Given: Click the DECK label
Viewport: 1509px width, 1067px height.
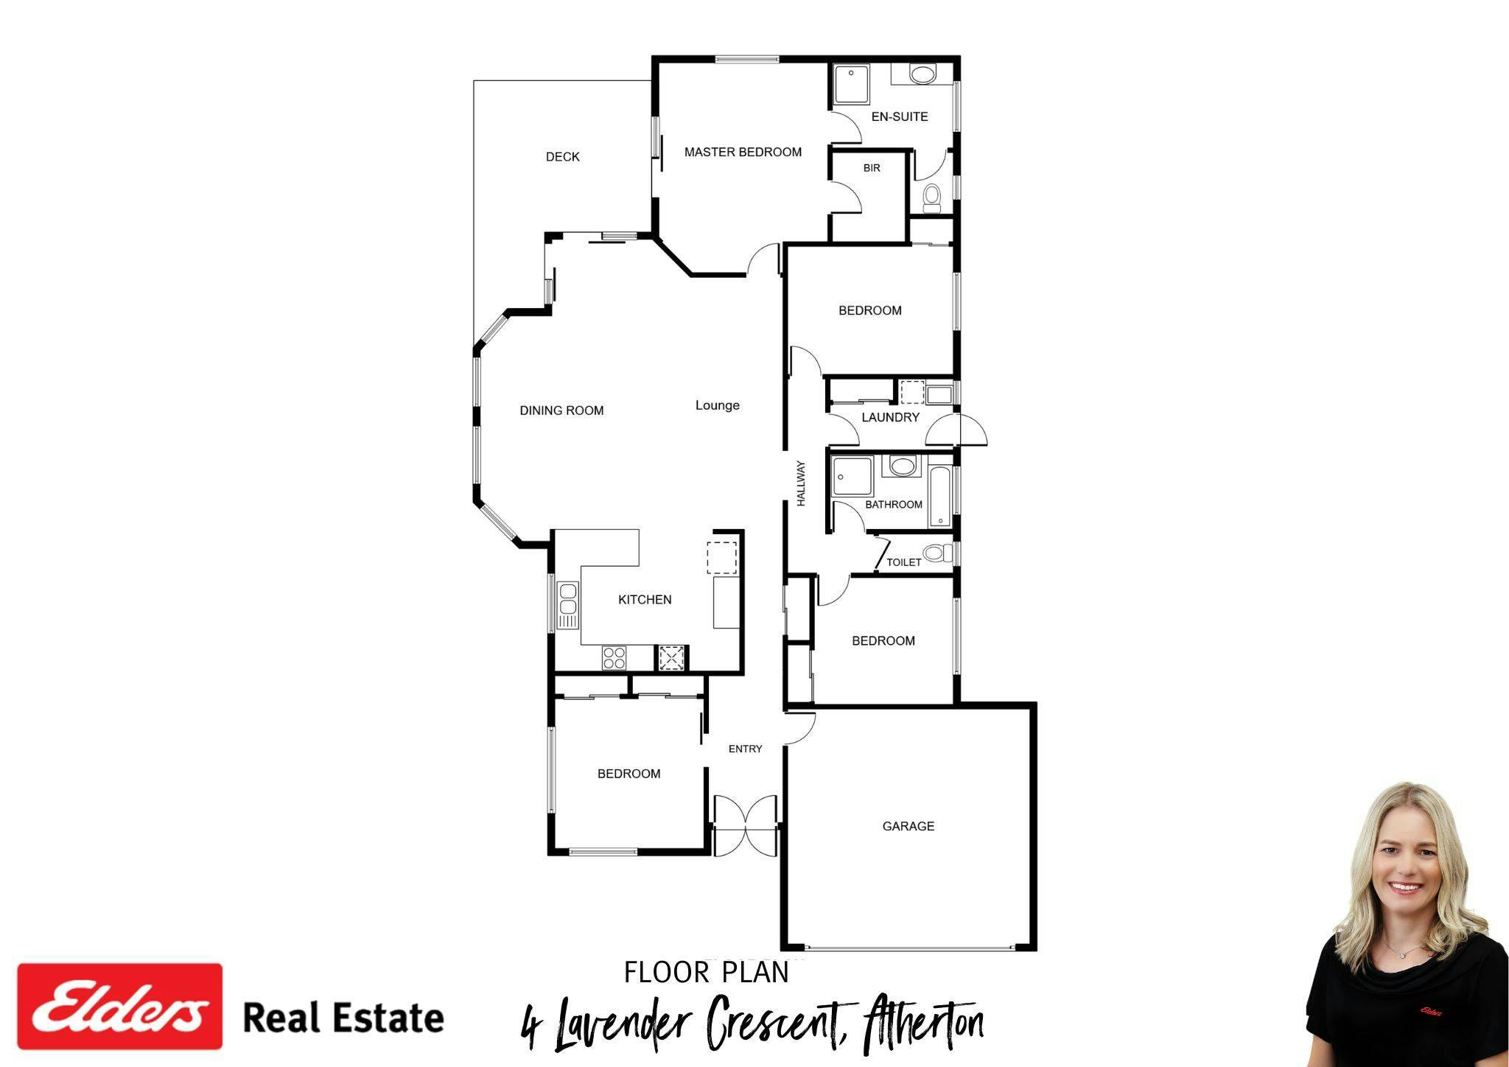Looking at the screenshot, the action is (x=562, y=157).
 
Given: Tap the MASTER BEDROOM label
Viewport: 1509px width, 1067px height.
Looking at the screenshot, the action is (x=743, y=153).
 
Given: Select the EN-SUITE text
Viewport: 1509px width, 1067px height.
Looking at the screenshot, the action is (x=899, y=116).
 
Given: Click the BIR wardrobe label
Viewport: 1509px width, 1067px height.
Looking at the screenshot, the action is (x=872, y=168).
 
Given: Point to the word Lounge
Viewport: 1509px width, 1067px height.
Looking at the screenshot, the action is (x=717, y=405).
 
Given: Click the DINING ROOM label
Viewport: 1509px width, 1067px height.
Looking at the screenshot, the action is (x=561, y=410).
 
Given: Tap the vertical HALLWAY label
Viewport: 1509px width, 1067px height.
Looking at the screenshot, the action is (x=801, y=483).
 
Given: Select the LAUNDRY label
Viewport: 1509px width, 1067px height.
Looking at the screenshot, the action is (x=890, y=417).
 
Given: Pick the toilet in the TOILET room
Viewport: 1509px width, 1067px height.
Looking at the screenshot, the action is (x=935, y=553).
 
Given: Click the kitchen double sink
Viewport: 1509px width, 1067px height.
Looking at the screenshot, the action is (x=568, y=605).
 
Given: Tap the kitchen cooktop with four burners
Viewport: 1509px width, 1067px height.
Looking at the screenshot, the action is (x=614, y=657).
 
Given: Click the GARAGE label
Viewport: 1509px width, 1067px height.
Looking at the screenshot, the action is (x=908, y=827).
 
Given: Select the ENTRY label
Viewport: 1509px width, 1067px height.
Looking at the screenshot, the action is (x=745, y=749).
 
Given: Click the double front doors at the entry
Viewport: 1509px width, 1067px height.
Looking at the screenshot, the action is (x=746, y=825).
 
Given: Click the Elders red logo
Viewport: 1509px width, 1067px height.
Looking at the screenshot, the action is (x=119, y=1006).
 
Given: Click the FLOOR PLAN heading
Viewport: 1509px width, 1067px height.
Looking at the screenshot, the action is (x=706, y=973).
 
